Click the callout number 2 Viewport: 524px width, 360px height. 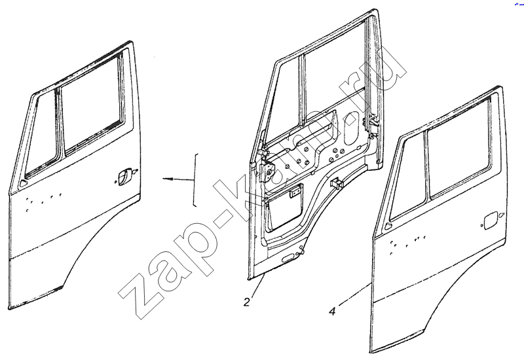(247, 302)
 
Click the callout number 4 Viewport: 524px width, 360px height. (332, 312)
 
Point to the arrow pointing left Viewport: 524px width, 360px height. (178, 179)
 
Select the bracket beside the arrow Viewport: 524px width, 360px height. (195, 181)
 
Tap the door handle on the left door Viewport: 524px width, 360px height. (122, 175)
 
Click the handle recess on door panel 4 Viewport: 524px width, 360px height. (489, 221)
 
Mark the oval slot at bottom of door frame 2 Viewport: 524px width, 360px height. (288, 257)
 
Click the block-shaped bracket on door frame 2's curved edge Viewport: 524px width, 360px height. (337, 183)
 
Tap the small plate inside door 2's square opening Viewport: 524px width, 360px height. (294, 194)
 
